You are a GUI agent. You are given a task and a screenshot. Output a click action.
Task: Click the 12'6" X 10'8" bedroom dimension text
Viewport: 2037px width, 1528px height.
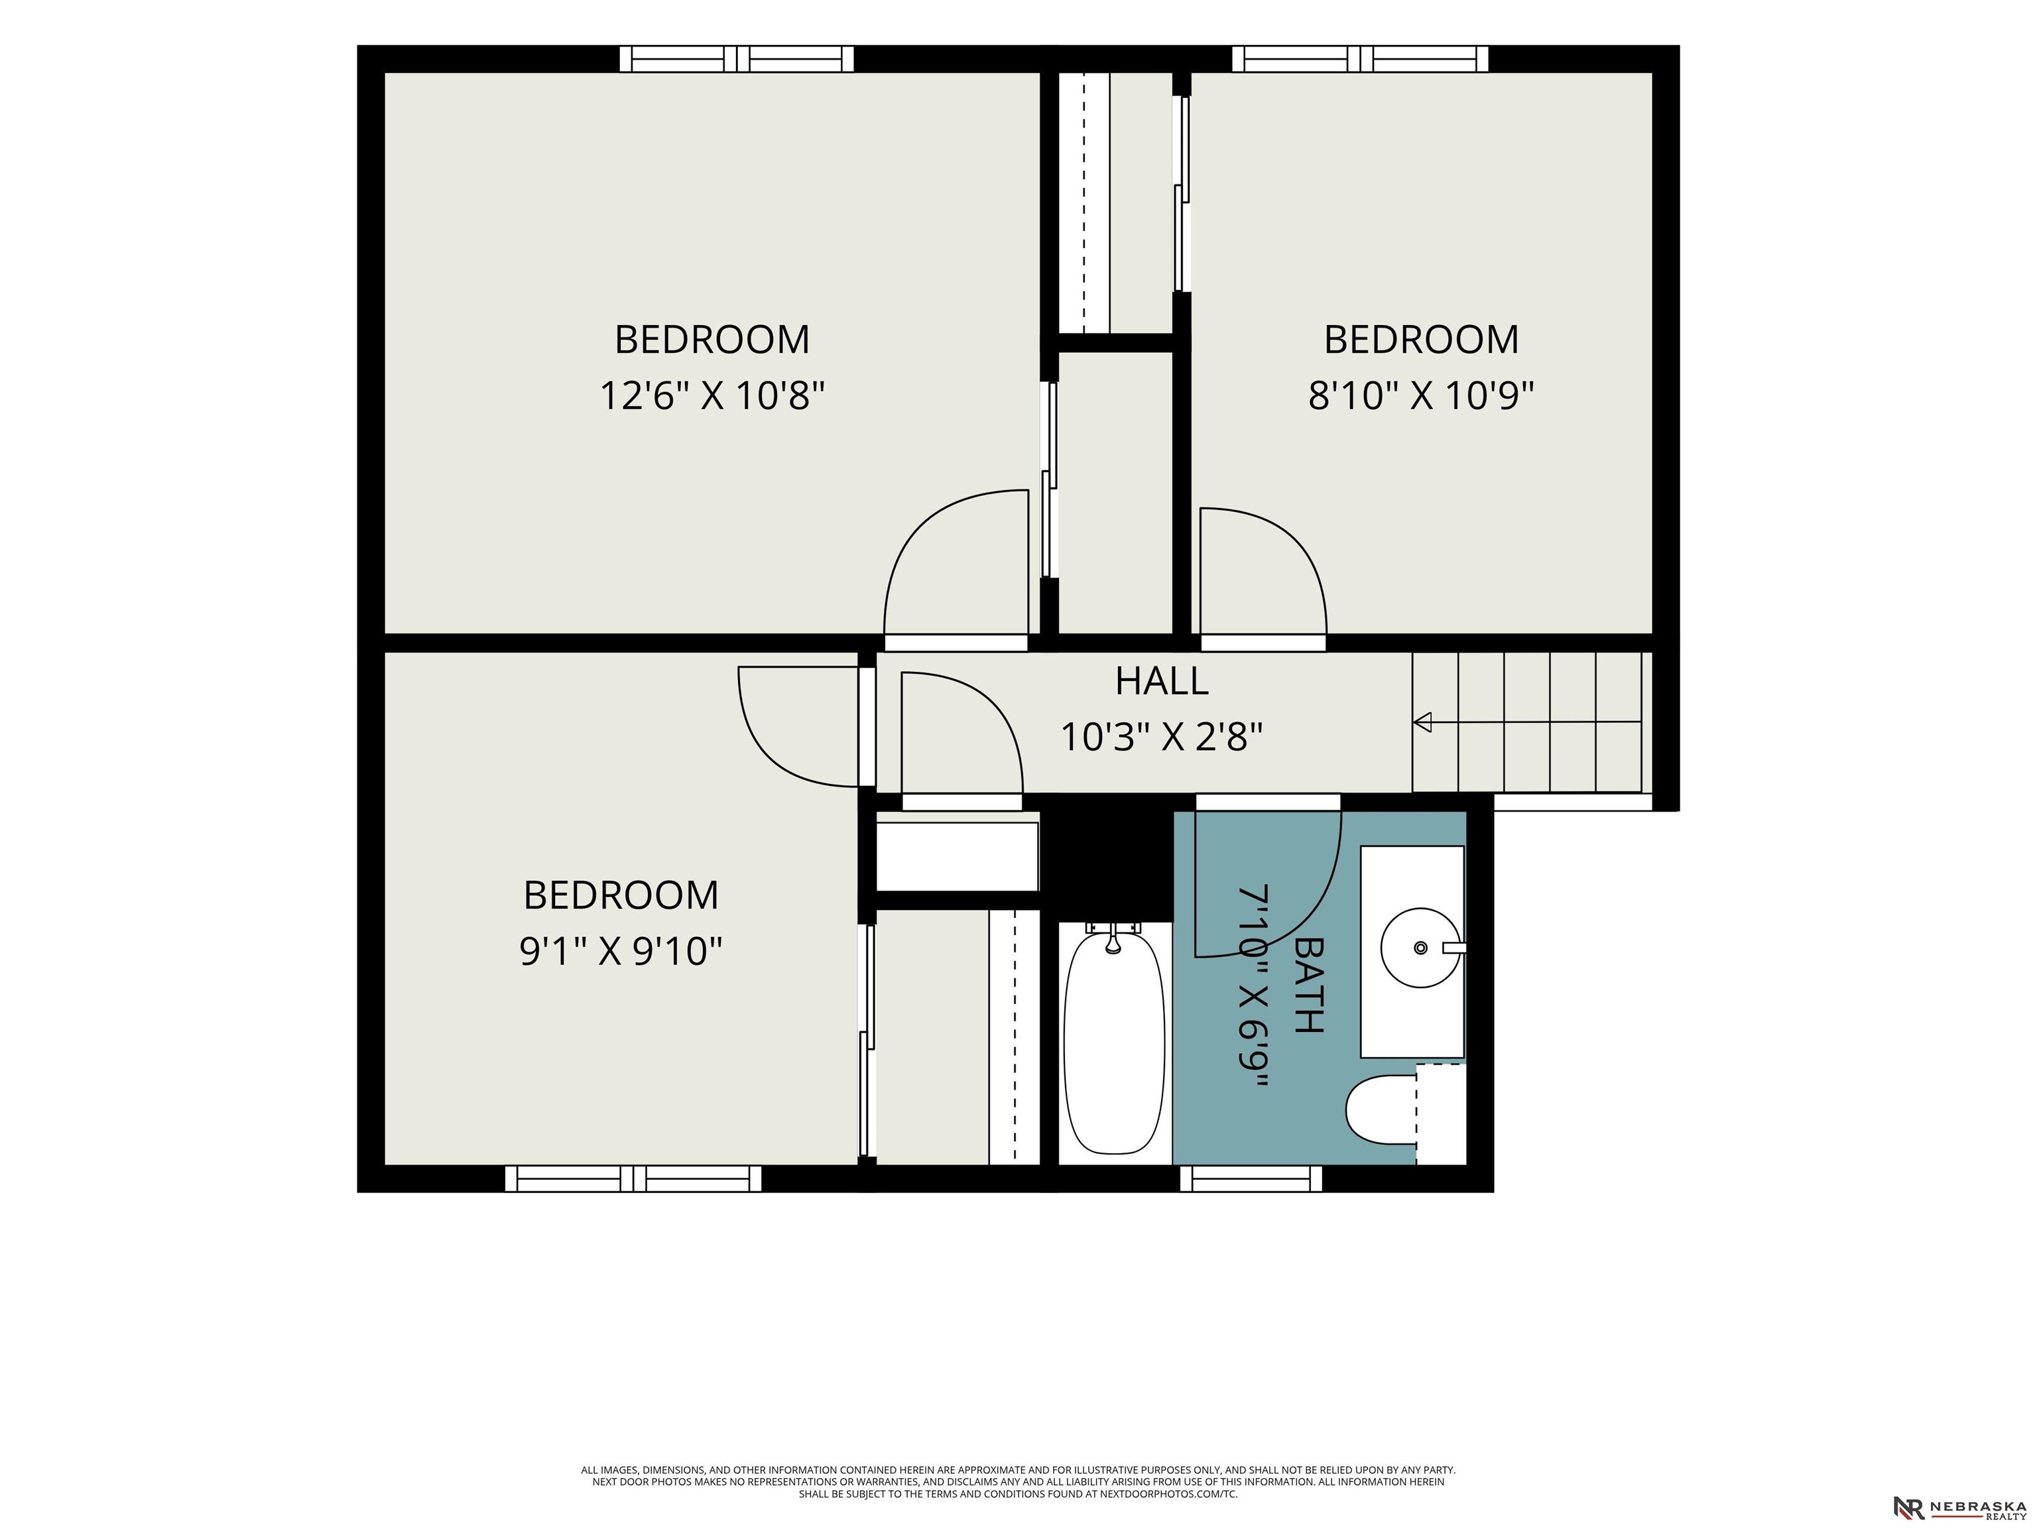(712, 396)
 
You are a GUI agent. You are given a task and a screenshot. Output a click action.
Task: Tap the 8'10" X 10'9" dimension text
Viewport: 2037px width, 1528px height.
(1421, 396)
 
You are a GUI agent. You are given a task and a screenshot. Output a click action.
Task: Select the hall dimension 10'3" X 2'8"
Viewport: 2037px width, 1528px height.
(1161, 737)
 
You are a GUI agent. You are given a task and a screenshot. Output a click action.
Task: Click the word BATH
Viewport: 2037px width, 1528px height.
(1308, 985)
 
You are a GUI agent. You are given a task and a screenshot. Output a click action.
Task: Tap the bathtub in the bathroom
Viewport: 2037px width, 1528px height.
(1113, 1043)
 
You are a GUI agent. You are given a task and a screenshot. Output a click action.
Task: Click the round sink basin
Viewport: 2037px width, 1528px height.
(1421, 948)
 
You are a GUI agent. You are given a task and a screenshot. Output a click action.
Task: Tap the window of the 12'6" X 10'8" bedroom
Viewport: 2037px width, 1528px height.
(737, 59)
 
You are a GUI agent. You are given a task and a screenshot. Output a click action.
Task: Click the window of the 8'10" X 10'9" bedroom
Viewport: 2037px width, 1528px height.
(1360, 59)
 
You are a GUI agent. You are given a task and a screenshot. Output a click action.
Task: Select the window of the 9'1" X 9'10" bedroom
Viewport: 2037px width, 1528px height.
(633, 1179)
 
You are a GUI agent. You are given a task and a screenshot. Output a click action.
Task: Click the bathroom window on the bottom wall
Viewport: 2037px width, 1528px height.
(1251, 1179)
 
